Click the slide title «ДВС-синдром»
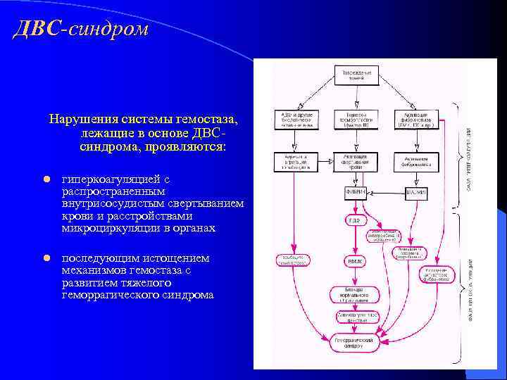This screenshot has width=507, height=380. tap(81, 30)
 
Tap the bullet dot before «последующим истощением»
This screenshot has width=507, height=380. tap(47, 258)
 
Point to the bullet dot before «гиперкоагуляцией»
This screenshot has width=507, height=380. tap(47, 179)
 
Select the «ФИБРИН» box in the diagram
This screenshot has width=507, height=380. tap(354, 193)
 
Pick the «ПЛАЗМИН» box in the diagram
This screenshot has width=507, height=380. tap(416, 193)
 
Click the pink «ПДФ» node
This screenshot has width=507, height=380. tap(353, 220)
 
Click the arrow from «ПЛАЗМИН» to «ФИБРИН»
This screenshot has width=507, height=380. tap(386, 193)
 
